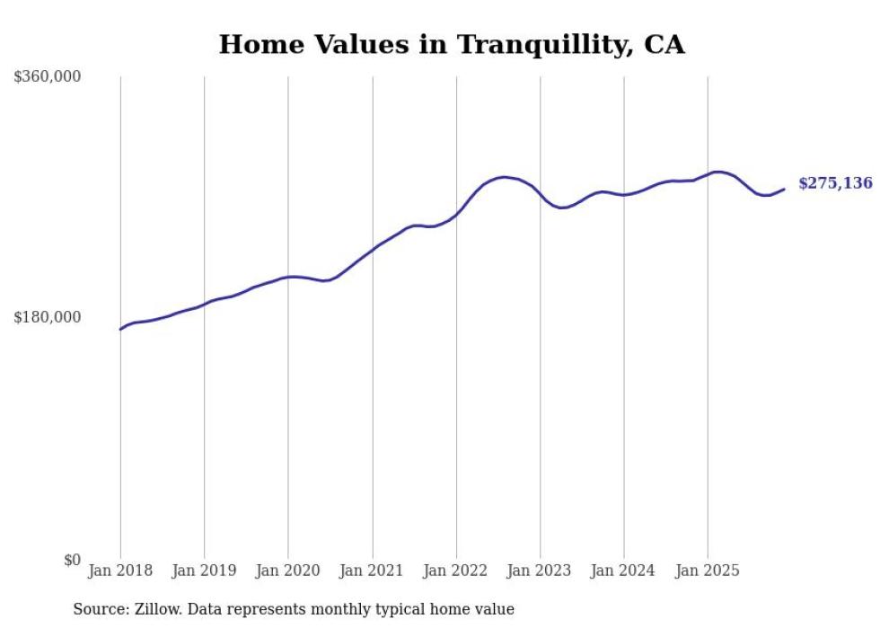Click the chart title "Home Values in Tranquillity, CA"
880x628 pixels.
(x=452, y=45)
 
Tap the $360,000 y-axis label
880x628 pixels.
(x=48, y=77)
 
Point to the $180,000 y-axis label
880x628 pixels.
(x=48, y=317)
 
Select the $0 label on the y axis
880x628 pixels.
(x=72, y=560)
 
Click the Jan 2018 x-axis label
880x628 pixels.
(x=120, y=571)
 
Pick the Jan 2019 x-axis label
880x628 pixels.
(x=204, y=571)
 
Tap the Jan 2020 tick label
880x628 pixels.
(x=287, y=571)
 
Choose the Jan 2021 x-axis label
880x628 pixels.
(x=372, y=571)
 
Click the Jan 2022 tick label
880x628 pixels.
(x=455, y=571)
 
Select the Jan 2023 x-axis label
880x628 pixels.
(x=540, y=571)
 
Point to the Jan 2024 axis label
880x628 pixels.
(x=623, y=571)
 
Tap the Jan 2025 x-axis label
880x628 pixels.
(x=708, y=571)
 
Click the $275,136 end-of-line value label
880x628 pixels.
(x=835, y=183)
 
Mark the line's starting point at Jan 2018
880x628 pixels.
(x=120, y=329)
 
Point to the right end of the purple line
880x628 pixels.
(x=784, y=189)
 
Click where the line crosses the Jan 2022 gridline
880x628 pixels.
(x=456, y=215)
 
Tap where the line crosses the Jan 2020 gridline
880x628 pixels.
(x=288, y=277)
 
